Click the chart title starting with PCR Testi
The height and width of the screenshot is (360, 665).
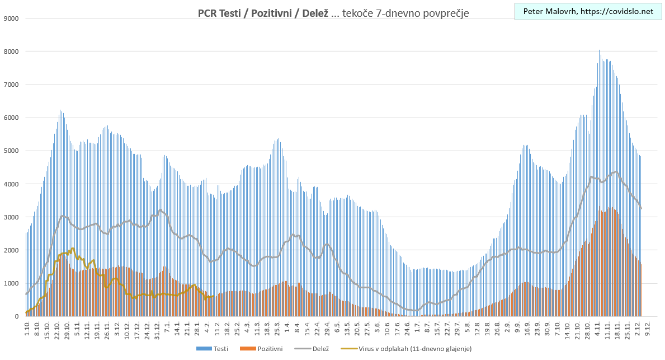333,13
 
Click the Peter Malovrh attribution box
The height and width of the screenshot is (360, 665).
588,11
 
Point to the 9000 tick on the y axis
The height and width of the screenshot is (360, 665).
12,18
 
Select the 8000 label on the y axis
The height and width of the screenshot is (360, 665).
12,52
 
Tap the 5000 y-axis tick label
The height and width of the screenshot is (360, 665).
12,151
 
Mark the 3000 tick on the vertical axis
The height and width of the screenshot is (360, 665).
12,217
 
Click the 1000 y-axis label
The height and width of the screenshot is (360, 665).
12,283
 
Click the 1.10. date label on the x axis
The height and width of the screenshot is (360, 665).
27,328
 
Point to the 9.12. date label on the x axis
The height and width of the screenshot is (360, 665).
647,328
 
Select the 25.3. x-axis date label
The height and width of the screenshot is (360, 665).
277,328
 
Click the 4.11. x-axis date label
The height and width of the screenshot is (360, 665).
597,328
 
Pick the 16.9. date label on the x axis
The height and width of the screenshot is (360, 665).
527,328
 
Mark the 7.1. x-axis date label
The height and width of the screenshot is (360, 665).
167,328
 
